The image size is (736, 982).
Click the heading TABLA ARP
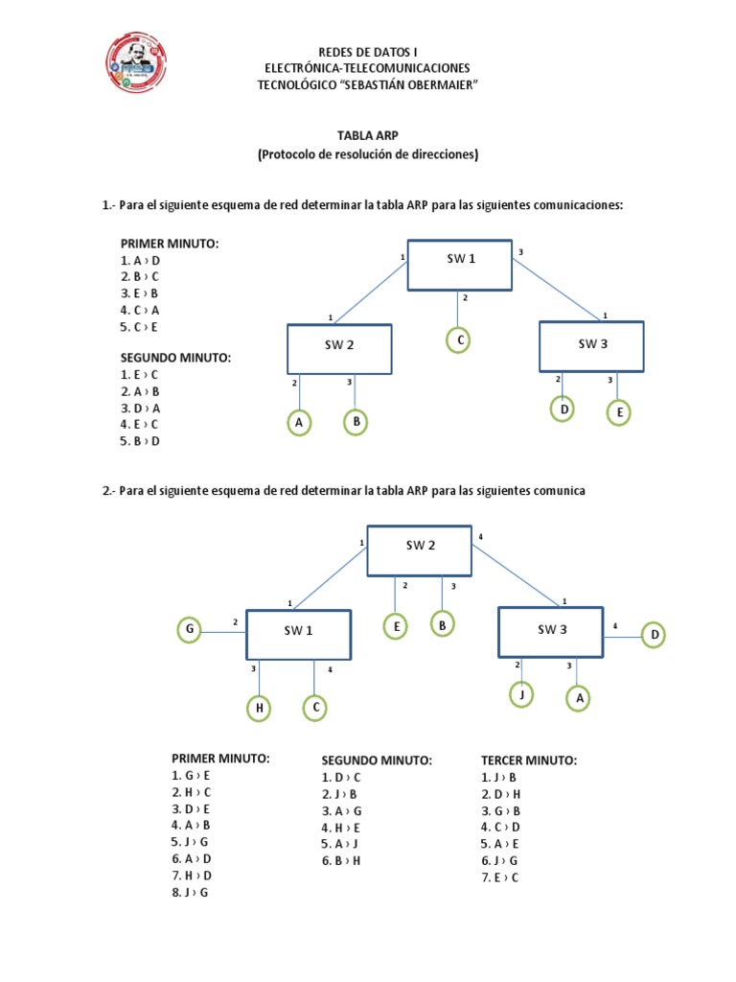[368, 136]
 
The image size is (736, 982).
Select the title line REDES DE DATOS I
[368, 51]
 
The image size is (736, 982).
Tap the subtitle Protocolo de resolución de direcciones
[368, 153]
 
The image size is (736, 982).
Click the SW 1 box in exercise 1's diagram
[460, 265]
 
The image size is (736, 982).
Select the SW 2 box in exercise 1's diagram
[338, 348]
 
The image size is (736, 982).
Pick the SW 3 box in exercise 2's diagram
[551, 631]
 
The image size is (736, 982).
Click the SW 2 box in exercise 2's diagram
[420, 549]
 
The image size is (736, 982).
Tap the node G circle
[190, 630]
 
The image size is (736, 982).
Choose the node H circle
[258, 709]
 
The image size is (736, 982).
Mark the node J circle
[520, 695]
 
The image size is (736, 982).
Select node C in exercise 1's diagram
[460, 340]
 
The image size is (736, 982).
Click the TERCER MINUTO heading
[529, 760]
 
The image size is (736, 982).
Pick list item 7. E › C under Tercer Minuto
[500, 877]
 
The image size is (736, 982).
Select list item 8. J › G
[190, 892]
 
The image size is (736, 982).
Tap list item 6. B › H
[342, 860]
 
